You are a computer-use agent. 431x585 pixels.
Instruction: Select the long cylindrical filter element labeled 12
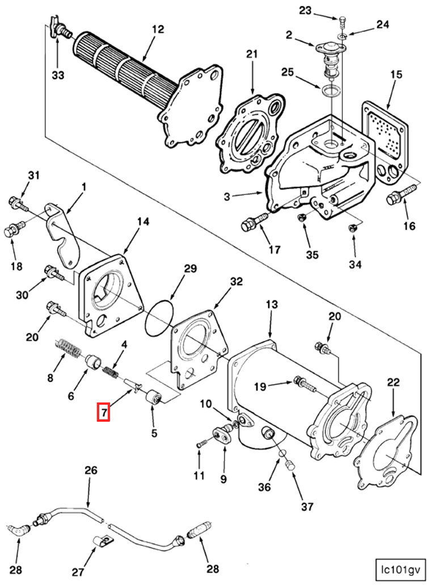(122, 70)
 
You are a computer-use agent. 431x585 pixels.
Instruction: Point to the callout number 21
(251, 54)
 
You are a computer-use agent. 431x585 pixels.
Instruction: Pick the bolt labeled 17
(253, 222)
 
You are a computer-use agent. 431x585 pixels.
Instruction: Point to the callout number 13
(272, 305)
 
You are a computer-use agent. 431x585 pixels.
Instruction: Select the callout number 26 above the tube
(91, 470)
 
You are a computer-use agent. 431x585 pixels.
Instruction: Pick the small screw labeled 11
(200, 446)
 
